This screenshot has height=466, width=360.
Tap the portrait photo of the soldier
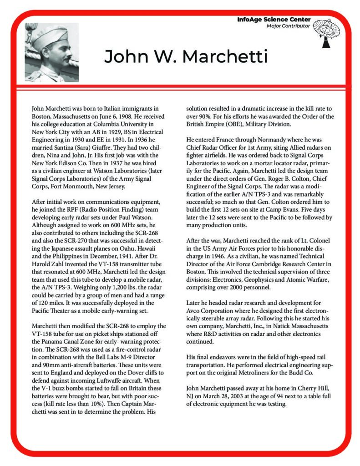(51, 52)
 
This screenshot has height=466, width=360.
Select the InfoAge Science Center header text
(274, 20)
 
